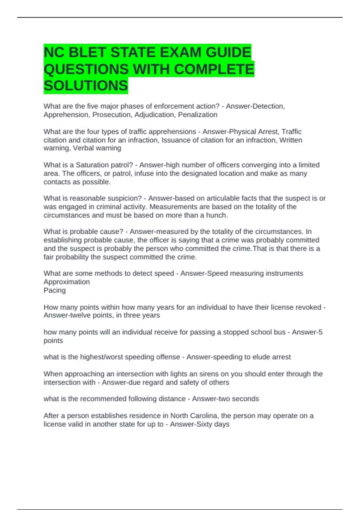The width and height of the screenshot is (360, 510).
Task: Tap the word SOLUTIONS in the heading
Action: (86, 86)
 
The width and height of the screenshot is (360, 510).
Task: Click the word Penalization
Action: (198, 115)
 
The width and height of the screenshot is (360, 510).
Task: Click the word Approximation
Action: (67, 282)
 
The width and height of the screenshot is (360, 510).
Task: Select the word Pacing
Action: (55, 290)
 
